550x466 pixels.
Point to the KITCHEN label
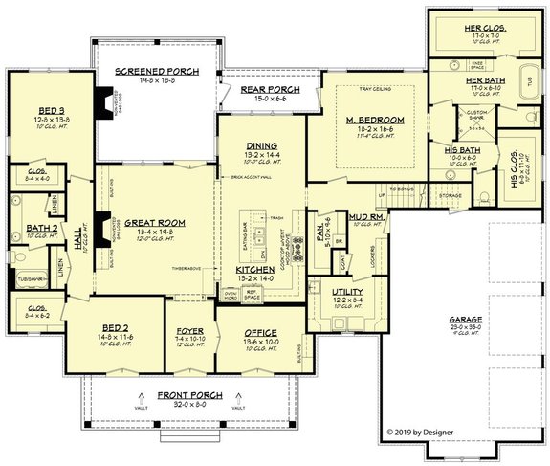tap(255, 271)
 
